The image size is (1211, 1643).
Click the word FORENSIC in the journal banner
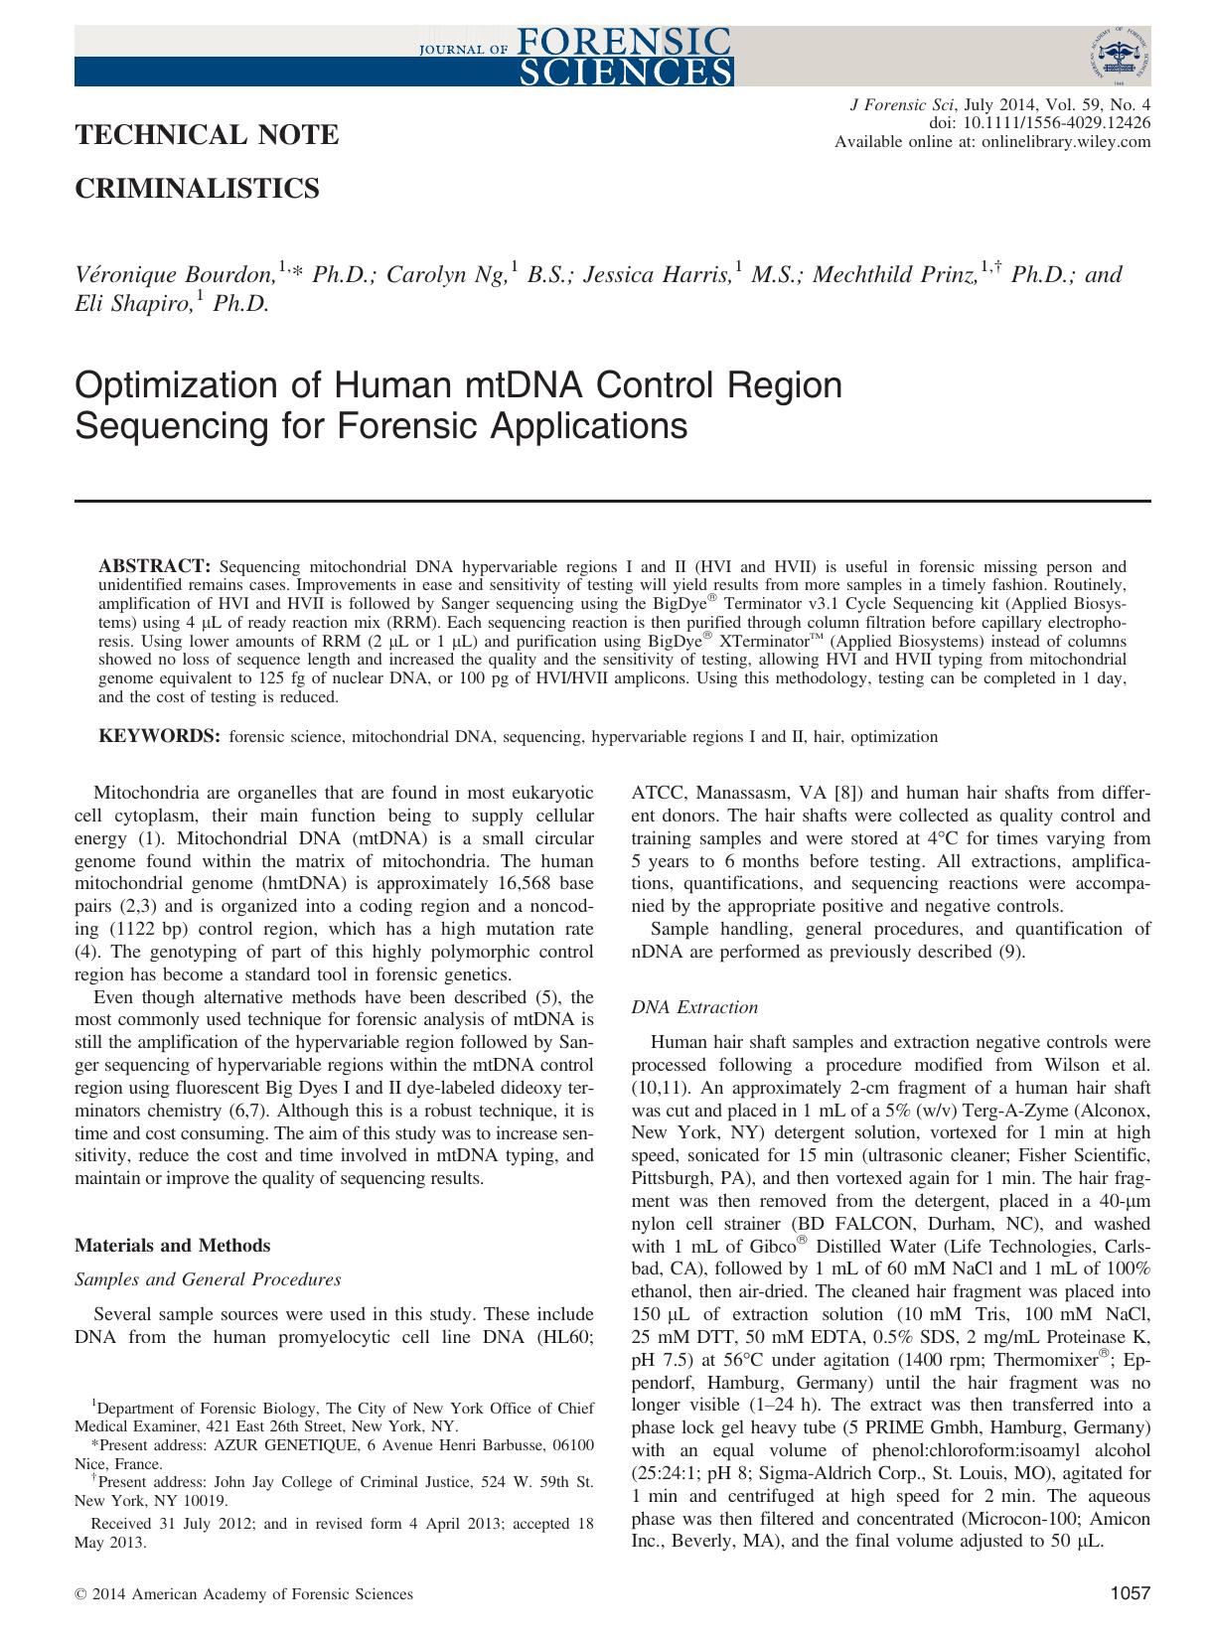(624, 42)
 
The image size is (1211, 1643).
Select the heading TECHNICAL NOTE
(208, 135)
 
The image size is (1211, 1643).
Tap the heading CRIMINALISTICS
(198, 188)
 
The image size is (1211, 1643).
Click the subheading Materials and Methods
(173, 1245)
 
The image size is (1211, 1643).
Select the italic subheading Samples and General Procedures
(209, 1279)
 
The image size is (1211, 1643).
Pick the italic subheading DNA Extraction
(694, 1007)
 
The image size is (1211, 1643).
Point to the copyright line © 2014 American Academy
(244, 1594)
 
